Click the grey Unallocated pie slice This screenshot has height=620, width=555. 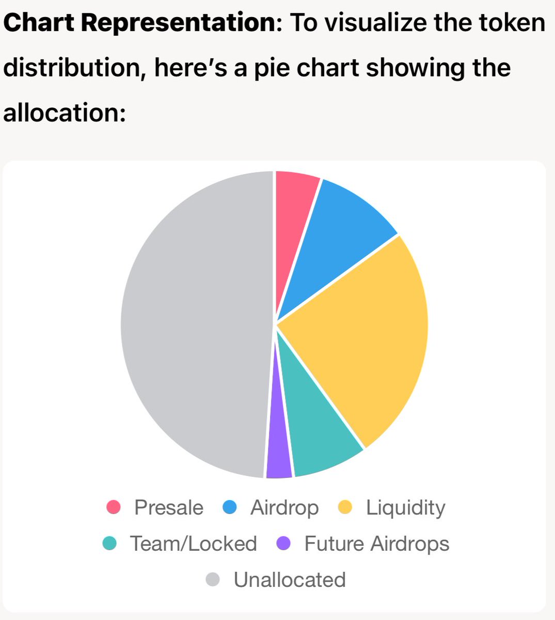pyautogui.click(x=196, y=326)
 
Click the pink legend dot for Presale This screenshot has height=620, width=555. pyautogui.click(x=114, y=507)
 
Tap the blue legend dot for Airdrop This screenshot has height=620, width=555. pyautogui.click(x=229, y=507)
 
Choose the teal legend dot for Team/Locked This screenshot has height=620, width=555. pyautogui.click(x=109, y=544)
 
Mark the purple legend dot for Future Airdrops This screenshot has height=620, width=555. pyautogui.click(x=284, y=544)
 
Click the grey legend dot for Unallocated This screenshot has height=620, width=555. pyautogui.click(x=213, y=580)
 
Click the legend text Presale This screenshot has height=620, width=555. pyautogui.click(x=168, y=507)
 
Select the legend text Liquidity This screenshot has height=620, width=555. pyautogui.click(x=405, y=507)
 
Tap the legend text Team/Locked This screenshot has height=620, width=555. pyautogui.click(x=193, y=544)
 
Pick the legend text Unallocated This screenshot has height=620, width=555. pyautogui.click(x=289, y=580)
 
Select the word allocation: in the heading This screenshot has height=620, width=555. pyautogui.click(x=65, y=112)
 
